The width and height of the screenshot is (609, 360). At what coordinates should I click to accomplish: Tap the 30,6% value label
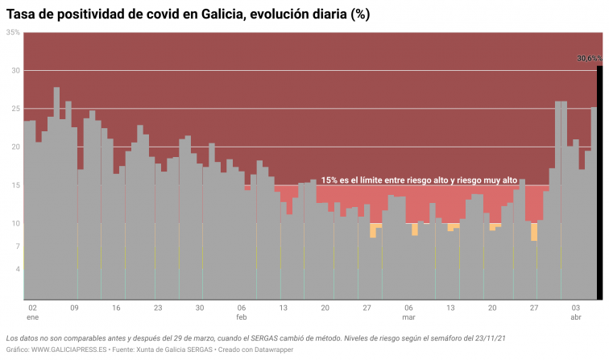tap(589, 59)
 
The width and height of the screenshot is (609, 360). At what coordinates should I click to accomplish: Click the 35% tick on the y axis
tap(14, 32)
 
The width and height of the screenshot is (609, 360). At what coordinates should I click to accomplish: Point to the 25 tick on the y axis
tap(15, 109)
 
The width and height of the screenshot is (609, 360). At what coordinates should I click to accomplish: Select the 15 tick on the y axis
tap(15, 185)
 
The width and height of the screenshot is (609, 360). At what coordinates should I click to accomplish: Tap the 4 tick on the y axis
tap(18, 269)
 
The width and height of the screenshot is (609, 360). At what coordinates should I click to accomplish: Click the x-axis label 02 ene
tap(31, 312)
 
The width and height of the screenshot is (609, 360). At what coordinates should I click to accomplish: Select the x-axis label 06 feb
tap(241, 312)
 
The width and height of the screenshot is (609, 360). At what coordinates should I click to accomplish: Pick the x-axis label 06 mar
tap(408, 312)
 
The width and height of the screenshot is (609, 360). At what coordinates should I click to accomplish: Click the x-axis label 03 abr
tap(576, 312)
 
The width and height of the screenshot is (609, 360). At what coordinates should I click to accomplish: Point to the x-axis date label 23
tap(158, 308)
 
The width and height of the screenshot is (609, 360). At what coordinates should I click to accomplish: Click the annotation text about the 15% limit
tap(419, 180)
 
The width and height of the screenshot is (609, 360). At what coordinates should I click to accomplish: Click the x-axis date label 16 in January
tap(116, 308)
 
